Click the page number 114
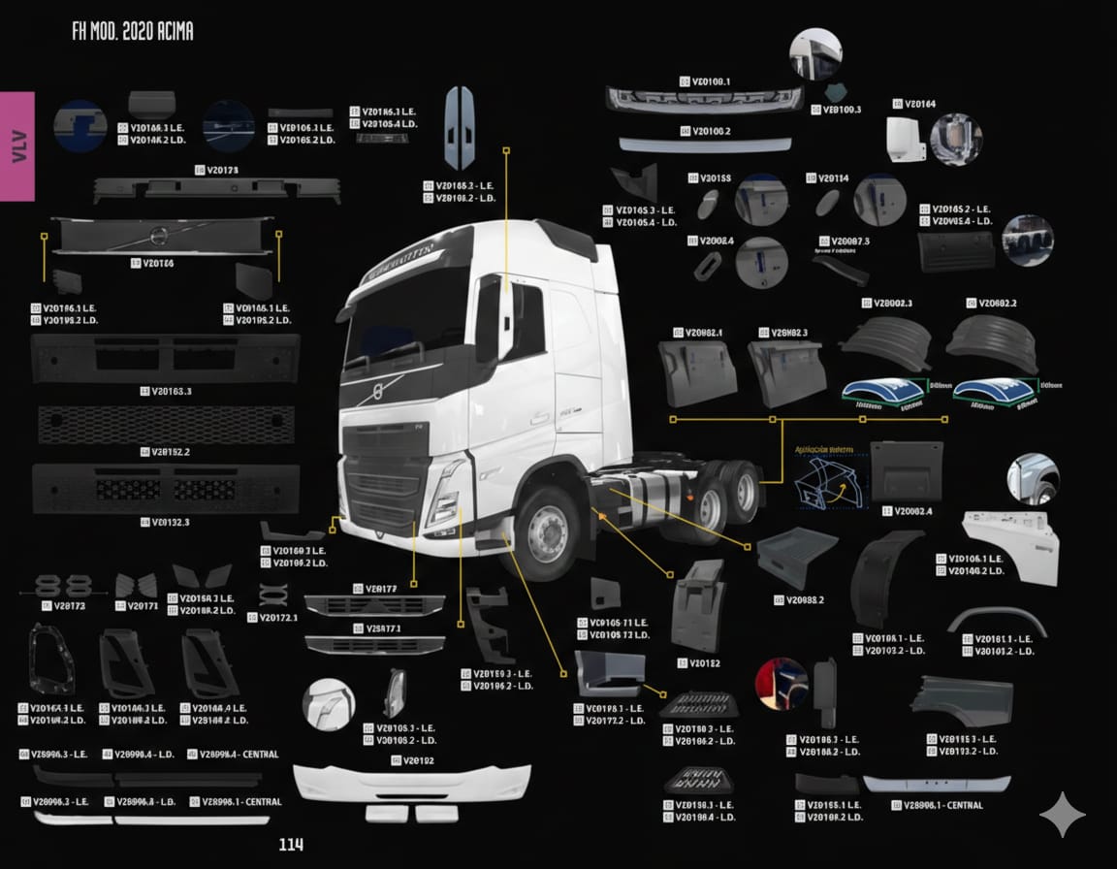point(291,845)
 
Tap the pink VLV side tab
point(17,145)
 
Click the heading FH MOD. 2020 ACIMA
point(133,31)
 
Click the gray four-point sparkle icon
point(1063,815)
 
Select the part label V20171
point(142,606)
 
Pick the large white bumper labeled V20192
point(411,782)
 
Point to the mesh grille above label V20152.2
point(165,424)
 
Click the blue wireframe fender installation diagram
point(826,480)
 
